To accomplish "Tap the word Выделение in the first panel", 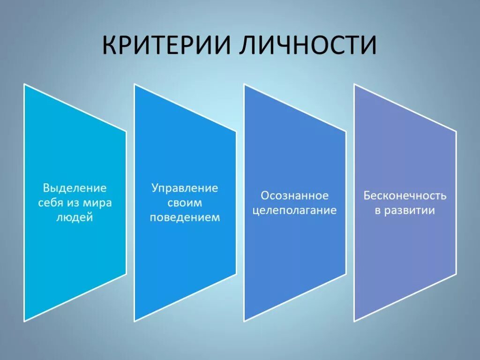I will point(75,188).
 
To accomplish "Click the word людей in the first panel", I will point(75,218).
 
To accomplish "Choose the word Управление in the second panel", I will point(185,188).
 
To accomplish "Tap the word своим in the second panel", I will point(185,203).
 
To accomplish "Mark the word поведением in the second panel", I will point(185,218).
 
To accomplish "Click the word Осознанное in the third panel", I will point(294,195).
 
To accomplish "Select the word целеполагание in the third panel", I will point(294,210).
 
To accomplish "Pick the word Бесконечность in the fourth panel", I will point(405,195).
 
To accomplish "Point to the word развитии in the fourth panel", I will point(410,210).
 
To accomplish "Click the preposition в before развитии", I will point(377,210).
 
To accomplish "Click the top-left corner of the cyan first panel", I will point(24,84).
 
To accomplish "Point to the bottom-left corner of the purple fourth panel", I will point(354,321).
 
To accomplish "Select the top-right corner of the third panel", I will point(345,131).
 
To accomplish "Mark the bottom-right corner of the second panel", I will point(236,274).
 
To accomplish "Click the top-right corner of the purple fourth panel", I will point(456,131).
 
